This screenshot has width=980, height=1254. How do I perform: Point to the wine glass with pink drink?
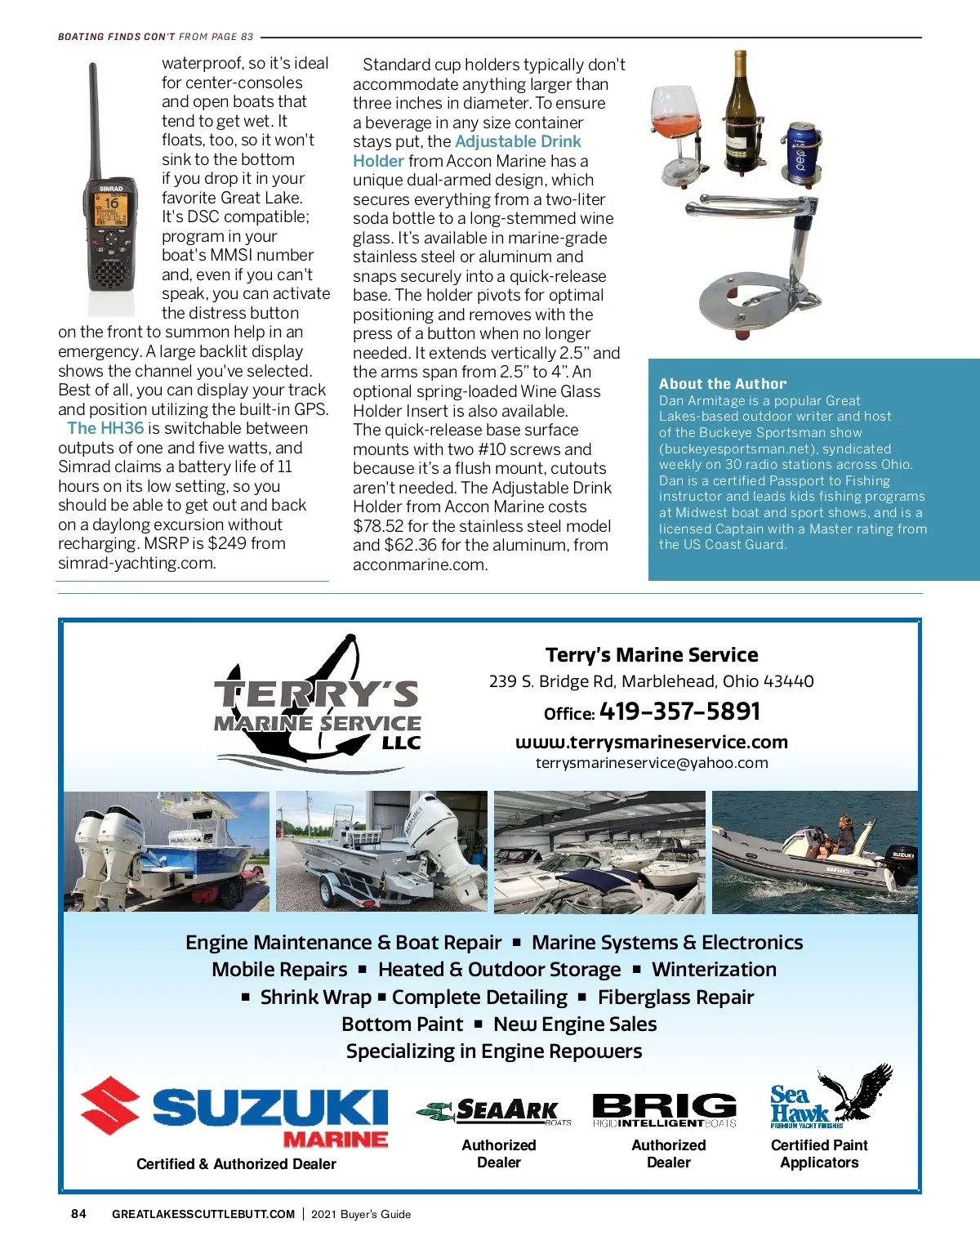click(675, 114)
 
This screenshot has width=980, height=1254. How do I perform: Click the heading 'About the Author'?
click(723, 384)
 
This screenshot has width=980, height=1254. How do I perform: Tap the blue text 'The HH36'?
click(105, 428)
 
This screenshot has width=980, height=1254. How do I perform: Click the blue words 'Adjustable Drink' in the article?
click(518, 141)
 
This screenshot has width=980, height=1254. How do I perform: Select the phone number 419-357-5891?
click(679, 712)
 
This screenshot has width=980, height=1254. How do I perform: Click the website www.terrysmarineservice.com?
click(652, 742)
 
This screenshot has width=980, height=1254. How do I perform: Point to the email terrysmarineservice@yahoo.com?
click(652, 763)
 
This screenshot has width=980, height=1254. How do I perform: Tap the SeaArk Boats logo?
click(494, 1111)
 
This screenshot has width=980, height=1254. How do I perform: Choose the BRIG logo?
click(664, 1109)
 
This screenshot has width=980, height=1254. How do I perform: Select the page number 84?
click(78, 1214)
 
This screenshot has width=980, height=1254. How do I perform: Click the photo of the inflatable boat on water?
click(815, 851)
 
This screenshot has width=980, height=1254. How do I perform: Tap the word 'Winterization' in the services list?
click(714, 970)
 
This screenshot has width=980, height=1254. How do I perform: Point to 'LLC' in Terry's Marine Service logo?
click(401, 743)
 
